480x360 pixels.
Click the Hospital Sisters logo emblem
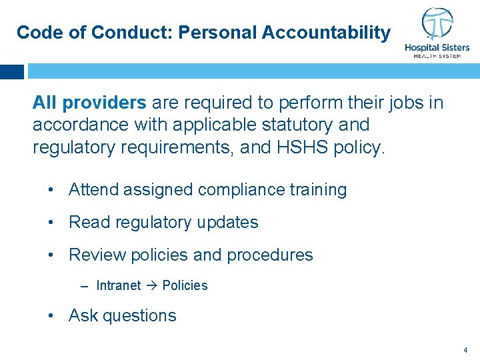tap(437, 25)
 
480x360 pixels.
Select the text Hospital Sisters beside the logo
tap(437, 48)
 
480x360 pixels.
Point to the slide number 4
tap(465, 349)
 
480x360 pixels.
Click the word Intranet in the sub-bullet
tap(118, 285)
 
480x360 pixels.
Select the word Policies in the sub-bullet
tap(185, 285)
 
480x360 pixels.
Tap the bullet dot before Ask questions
tap(51, 315)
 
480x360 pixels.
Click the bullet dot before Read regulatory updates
tap(51, 222)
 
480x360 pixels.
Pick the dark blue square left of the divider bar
tap(12, 71)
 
